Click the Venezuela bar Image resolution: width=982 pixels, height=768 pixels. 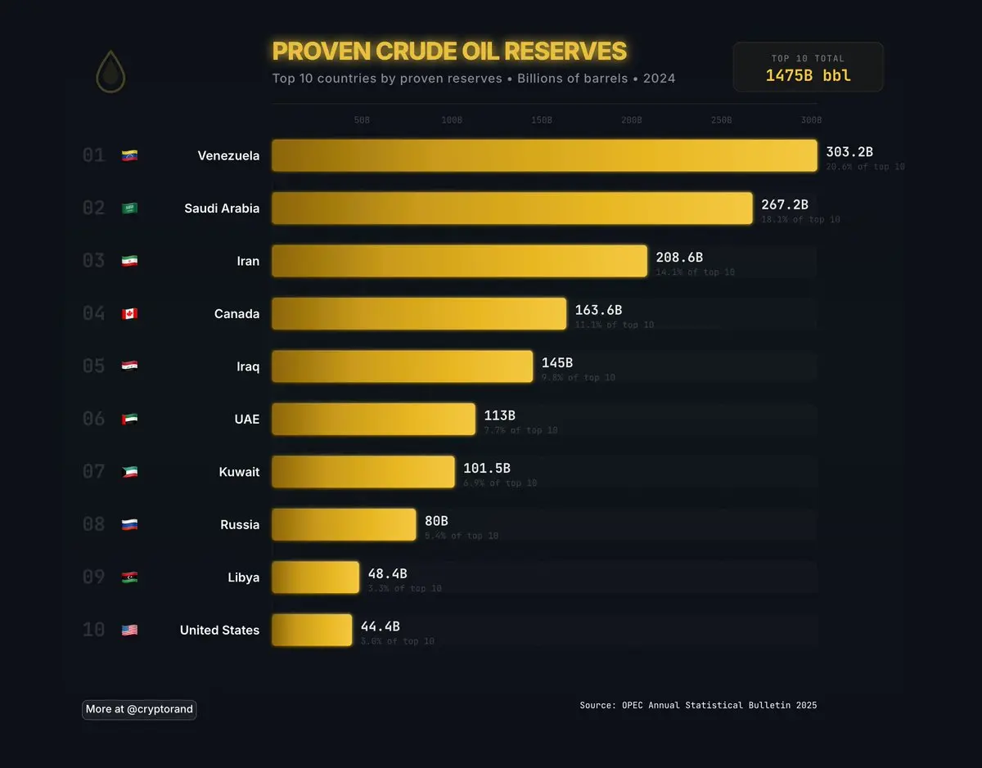click(544, 155)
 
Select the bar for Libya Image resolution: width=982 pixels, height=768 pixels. click(315, 577)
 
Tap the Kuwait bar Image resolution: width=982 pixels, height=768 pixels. click(363, 472)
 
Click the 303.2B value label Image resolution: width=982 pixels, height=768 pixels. click(849, 152)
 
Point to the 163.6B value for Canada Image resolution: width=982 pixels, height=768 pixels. click(598, 310)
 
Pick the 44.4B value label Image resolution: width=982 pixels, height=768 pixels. click(381, 627)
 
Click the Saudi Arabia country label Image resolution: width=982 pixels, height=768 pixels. click(222, 209)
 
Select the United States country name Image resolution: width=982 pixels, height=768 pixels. click(219, 631)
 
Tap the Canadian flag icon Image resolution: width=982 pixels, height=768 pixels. click(129, 314)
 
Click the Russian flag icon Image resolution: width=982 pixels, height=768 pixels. click(129, 525)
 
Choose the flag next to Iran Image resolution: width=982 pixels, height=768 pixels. click(129, 262)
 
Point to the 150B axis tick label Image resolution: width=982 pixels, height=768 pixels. click(541, 120)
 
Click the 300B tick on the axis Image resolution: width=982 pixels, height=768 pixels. click(811, 120)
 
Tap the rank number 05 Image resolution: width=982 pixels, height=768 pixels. click(94, 366)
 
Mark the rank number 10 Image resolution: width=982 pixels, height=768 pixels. click(94, 630)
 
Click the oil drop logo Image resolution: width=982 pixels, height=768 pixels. click(110, 72)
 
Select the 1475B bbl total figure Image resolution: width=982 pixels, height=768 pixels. click(808, 76)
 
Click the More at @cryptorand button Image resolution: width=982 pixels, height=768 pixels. click(139, 709)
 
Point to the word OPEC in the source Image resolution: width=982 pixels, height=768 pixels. click(634, 705)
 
